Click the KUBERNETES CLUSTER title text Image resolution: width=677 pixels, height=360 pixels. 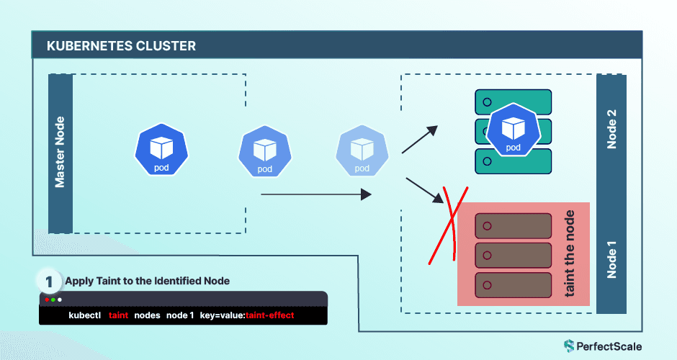tap(121, 46)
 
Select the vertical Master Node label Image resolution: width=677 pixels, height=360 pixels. tap(60, 152)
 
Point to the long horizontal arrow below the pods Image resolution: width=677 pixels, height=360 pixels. tap(315, 194)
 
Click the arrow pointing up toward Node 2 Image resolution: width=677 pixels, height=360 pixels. tap(420, 139)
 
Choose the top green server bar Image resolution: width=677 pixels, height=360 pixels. tap(513, 102)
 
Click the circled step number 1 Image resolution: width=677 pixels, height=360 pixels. tap(49, 280)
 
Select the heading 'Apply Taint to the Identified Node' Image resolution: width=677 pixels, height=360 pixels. tap(147, 281)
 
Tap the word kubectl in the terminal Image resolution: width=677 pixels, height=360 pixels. tap(84, 315)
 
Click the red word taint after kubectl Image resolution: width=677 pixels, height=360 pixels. tap(118, 315)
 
